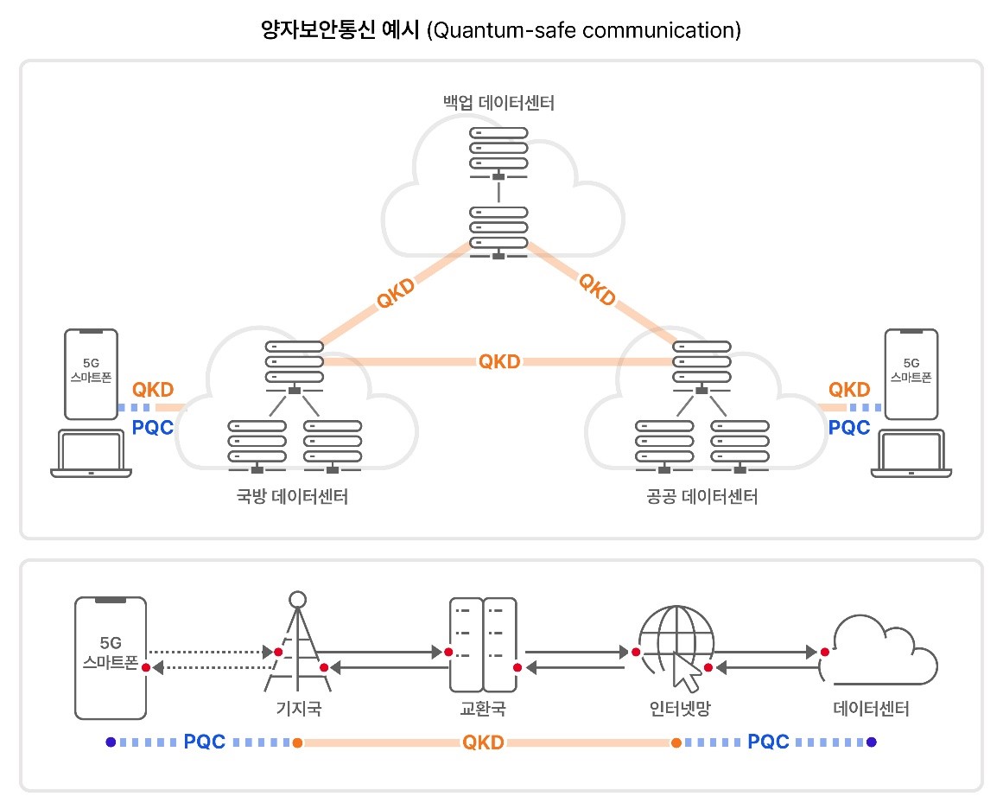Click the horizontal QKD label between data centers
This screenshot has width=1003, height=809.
[499, 361]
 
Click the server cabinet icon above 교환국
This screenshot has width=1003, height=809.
[482, 645]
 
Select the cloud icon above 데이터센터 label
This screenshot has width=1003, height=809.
[877, 653]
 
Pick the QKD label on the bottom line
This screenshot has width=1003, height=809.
[484, 742]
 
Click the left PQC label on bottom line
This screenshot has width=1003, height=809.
[205, 742]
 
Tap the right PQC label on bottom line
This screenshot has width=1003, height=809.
[769, 742]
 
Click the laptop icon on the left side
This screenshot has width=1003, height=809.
[91, 454]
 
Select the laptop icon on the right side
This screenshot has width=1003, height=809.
[911, 454]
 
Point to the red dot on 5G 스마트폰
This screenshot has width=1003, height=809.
[146, 667]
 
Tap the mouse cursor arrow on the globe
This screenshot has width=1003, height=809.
[687, 673]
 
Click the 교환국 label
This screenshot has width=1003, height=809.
[482, 710]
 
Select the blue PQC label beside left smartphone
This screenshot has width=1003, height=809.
[154, 426]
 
